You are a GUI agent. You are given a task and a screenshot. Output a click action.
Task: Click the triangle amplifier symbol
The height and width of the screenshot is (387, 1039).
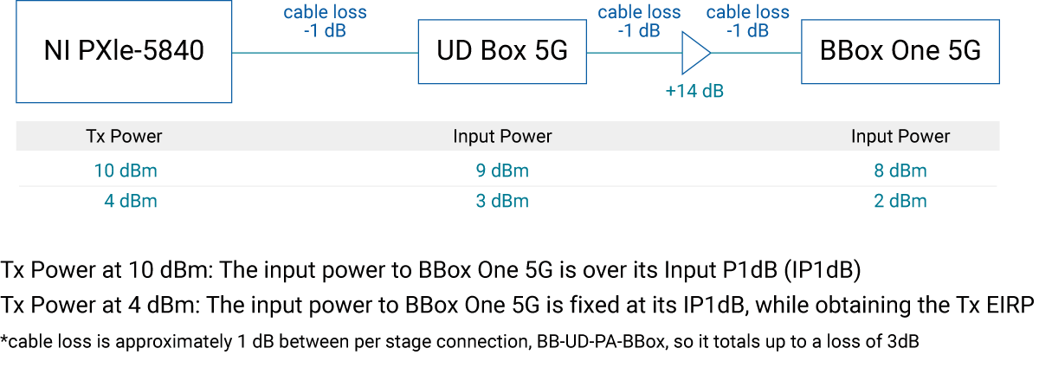pyautogui.click(x=694, y=53)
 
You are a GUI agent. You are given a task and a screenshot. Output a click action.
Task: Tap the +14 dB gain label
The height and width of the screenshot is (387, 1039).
pyautogui.click(x=694, y=91)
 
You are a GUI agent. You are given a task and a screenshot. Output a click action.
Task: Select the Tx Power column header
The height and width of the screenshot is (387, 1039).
pyautogui.click(x=124, y=137)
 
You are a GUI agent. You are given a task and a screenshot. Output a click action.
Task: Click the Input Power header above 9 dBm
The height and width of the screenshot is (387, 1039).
pyautogui.click(x=502, y=137)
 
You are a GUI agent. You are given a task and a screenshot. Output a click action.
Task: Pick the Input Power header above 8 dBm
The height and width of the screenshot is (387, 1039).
pyautogui.click(x=900, y=137)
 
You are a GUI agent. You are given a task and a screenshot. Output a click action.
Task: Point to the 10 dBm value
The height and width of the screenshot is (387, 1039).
pyautogui.click(x=126, y=171)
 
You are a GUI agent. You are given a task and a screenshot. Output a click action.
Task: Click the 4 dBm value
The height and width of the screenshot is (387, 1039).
pyautogui.click(x=130, y=202)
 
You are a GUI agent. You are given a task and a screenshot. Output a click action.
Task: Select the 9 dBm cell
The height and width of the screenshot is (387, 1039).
pyautogui.click(x=502, y=171)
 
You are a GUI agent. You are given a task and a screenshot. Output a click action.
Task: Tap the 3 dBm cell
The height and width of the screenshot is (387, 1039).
pyautogui.click(x=502, y=202)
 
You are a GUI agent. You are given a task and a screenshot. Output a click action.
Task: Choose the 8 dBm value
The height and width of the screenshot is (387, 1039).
pyautogui.click(x=900, y=171)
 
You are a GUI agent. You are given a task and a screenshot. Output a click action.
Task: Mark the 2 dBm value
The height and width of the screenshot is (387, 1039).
pyautogui.click(x=900, y=202)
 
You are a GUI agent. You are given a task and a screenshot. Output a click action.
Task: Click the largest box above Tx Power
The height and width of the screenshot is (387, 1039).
pyautogui.click(x=125, y=52)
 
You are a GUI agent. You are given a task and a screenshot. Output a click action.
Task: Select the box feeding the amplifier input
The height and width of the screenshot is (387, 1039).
pyautogui.click(x=502, y=52)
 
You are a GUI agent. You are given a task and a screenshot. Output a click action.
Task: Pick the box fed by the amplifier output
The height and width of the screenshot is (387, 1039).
pyautogui.click(x=900, y=52)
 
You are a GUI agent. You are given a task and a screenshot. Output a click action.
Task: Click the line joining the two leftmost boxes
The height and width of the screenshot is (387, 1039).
pyautogui.click(x=326, y=53)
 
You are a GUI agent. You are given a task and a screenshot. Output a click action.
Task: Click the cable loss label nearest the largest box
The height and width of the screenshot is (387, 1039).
pyautogui.click(x=325, y=22)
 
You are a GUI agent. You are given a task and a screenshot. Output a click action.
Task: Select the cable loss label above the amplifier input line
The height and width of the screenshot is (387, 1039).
pyautogui.click(x=639, y=22)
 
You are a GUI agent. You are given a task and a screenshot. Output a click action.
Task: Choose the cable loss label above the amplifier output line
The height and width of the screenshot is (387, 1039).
pyautogui.click(x=748, y=22)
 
